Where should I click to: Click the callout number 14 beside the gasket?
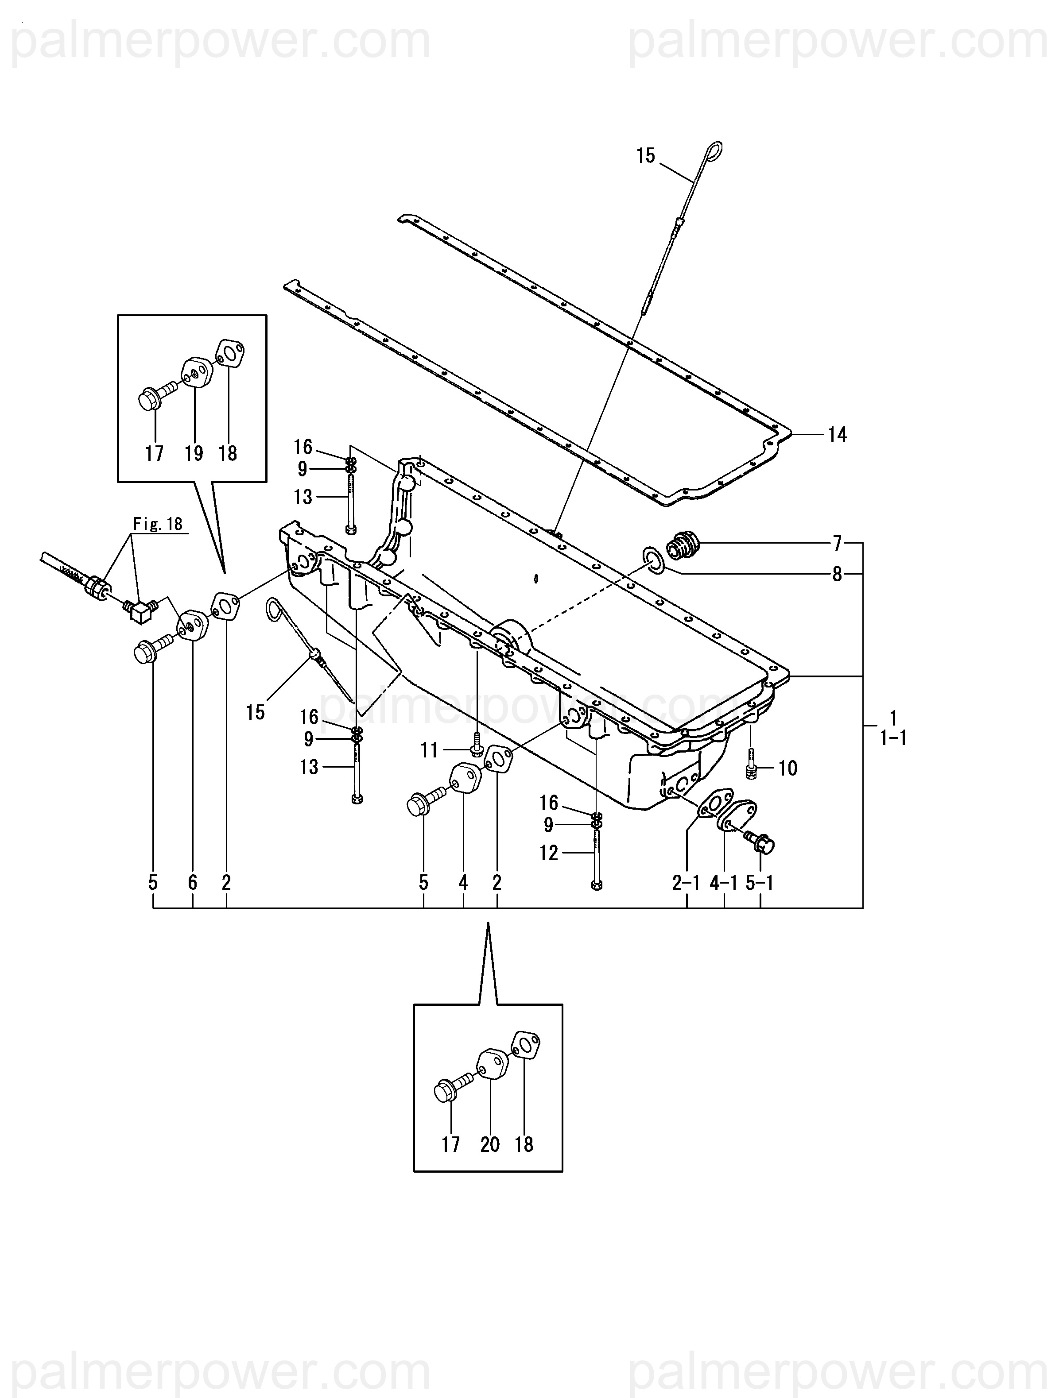[837, 435]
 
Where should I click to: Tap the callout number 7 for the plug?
[837, 543]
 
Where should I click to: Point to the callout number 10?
[788, 769]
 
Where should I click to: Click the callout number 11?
[429, 750]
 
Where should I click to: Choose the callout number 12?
[549, 853]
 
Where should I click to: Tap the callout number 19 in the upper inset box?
[194, 453]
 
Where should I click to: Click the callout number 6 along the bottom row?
[192, 882]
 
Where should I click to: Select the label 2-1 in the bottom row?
[686, 883]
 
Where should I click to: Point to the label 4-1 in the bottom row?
[724, 883]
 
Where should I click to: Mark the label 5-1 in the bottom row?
[760, 883]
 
